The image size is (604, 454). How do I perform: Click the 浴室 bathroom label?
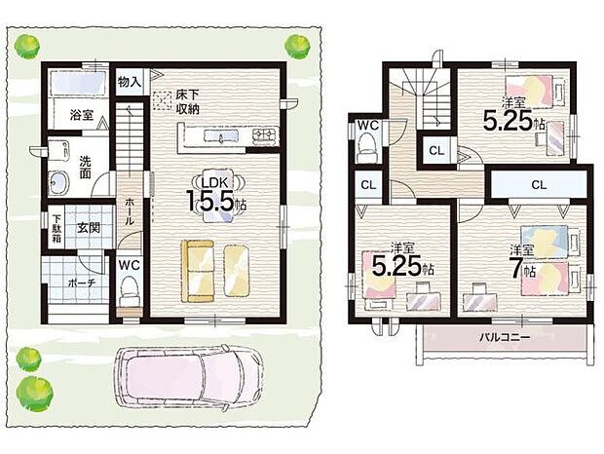(x=81, y=115)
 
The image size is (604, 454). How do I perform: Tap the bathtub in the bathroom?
(x=80, y=86)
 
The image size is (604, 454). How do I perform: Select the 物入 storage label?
(x=130, y=81)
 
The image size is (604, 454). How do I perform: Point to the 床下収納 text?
(x=188, y=102)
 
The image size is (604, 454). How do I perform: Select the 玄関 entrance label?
(x=89, y=228)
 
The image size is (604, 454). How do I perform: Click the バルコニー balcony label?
(x=503, y=337)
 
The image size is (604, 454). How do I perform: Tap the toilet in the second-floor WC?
(x=367, y=147)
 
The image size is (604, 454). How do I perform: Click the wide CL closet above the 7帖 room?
(x=539, y=184)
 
